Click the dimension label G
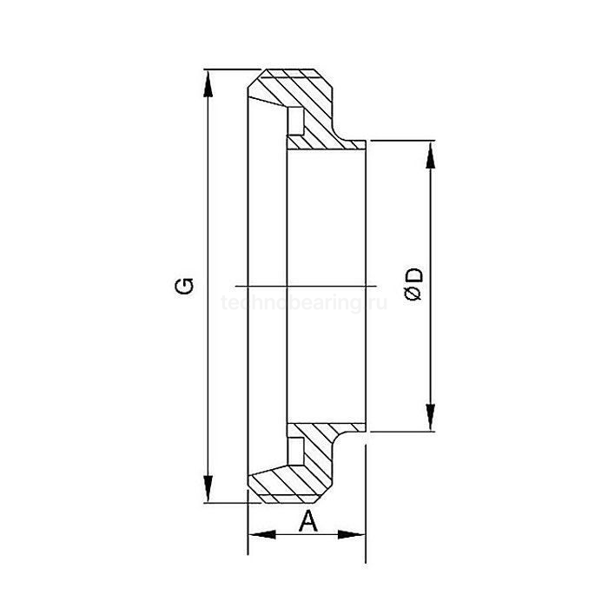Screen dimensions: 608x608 point(184,285)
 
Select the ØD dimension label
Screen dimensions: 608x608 point(414,284)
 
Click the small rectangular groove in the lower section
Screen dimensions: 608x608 point(295,451)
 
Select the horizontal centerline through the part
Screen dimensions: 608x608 point(304,285)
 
